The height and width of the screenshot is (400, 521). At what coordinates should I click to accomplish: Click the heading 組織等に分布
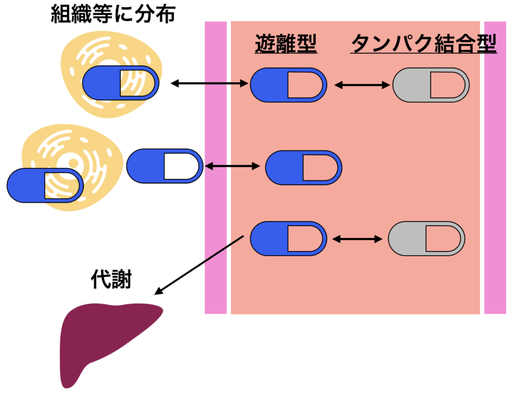(113, 15)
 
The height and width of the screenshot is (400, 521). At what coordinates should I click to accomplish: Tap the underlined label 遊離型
(285, 45)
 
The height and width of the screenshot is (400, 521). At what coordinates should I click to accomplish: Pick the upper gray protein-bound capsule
(430, 85)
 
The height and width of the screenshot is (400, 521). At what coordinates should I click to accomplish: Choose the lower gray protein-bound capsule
(426, 238)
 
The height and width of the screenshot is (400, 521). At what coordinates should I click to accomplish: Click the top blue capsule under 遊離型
(288, 85)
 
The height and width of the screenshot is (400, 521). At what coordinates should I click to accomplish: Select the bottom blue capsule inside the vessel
(288, 238)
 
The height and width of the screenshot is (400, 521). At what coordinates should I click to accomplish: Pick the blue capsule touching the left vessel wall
(164, 166)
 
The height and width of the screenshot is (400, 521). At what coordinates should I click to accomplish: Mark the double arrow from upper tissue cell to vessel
(209, 83)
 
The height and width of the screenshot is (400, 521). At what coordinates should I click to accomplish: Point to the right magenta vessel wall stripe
(495, 168)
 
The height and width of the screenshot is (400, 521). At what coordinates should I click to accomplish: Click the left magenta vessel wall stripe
(216, 168)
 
